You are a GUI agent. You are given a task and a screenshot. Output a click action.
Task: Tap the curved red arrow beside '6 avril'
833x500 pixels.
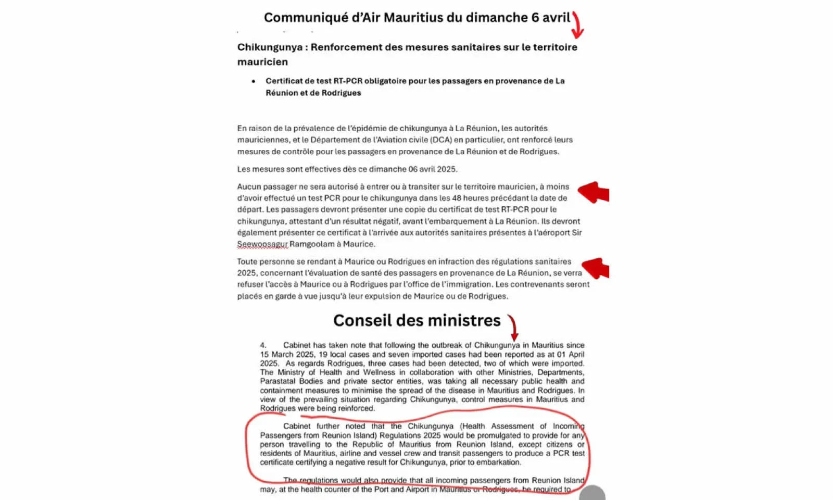point(577,25)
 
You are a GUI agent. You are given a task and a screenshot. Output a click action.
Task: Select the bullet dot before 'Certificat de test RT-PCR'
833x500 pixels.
point(254,81)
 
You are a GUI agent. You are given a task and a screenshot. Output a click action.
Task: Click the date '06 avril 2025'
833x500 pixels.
point(433,169)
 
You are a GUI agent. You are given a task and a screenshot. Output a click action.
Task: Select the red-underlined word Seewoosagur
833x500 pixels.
point(262,244)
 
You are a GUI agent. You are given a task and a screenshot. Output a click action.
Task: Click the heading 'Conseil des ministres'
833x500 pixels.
point(416,320)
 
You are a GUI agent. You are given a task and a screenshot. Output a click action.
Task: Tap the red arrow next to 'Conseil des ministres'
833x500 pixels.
point(513,327)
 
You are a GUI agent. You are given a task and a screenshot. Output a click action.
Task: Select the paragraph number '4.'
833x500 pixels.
point(263,345)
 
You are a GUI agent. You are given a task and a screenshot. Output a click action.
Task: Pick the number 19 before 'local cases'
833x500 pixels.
point(323,355)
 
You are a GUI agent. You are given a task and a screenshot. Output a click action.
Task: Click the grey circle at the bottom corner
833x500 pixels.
point(592,494)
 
